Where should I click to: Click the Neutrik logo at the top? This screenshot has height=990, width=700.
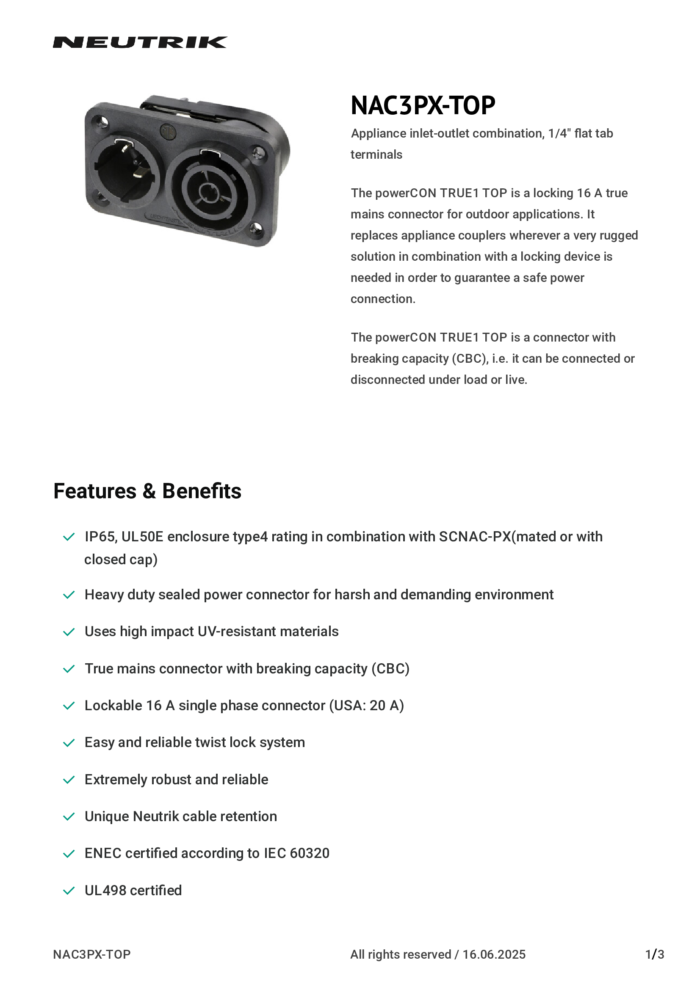140,42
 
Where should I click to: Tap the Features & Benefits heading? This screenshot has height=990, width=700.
147,491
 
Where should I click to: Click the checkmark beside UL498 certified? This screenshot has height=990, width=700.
69,891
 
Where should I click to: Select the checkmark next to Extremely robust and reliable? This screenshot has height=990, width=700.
69,780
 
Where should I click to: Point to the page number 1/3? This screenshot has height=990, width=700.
654,954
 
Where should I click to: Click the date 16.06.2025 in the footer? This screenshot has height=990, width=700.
494,954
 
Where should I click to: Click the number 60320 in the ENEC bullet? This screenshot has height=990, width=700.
309,853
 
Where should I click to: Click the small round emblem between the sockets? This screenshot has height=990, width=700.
167,131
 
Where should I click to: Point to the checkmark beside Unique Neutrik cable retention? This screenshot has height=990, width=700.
69,816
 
